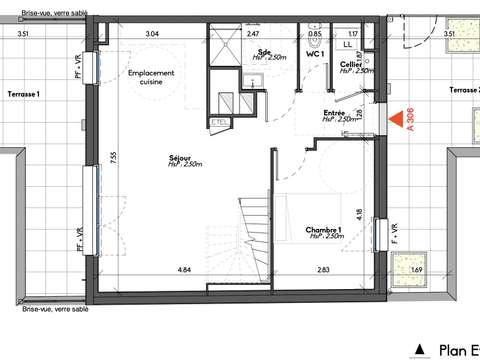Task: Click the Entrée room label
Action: tap(334, 116)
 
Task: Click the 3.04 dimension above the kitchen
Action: tap(152, 34)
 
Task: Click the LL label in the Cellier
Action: tap(348, 45)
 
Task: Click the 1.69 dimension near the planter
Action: tap(417, 270)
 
